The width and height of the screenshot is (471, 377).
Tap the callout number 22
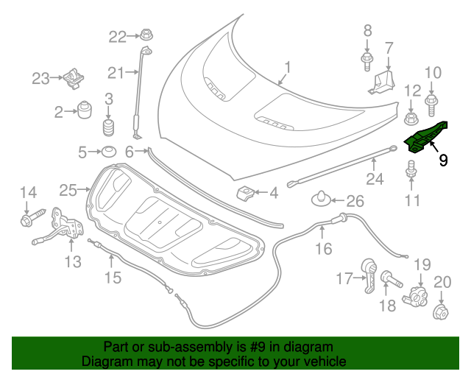pyautogui.click(x=118, y=35)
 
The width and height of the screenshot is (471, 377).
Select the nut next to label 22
pyautogui.click(x=144, y=35)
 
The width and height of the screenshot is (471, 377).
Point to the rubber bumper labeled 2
pyautogui.click(x=85, y=111)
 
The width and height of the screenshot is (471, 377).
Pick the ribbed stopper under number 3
pyautogui.click(x=110, y=128)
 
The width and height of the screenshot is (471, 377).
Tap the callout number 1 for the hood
pyautogui.click(x=288, y=68)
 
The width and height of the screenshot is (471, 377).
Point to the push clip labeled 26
pyautogui.click(x=324, y=198)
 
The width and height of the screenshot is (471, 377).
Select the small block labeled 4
pyautogui.click(x=246, y=193)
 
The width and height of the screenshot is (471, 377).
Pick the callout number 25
pyautogui.click(x=68, y=191)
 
